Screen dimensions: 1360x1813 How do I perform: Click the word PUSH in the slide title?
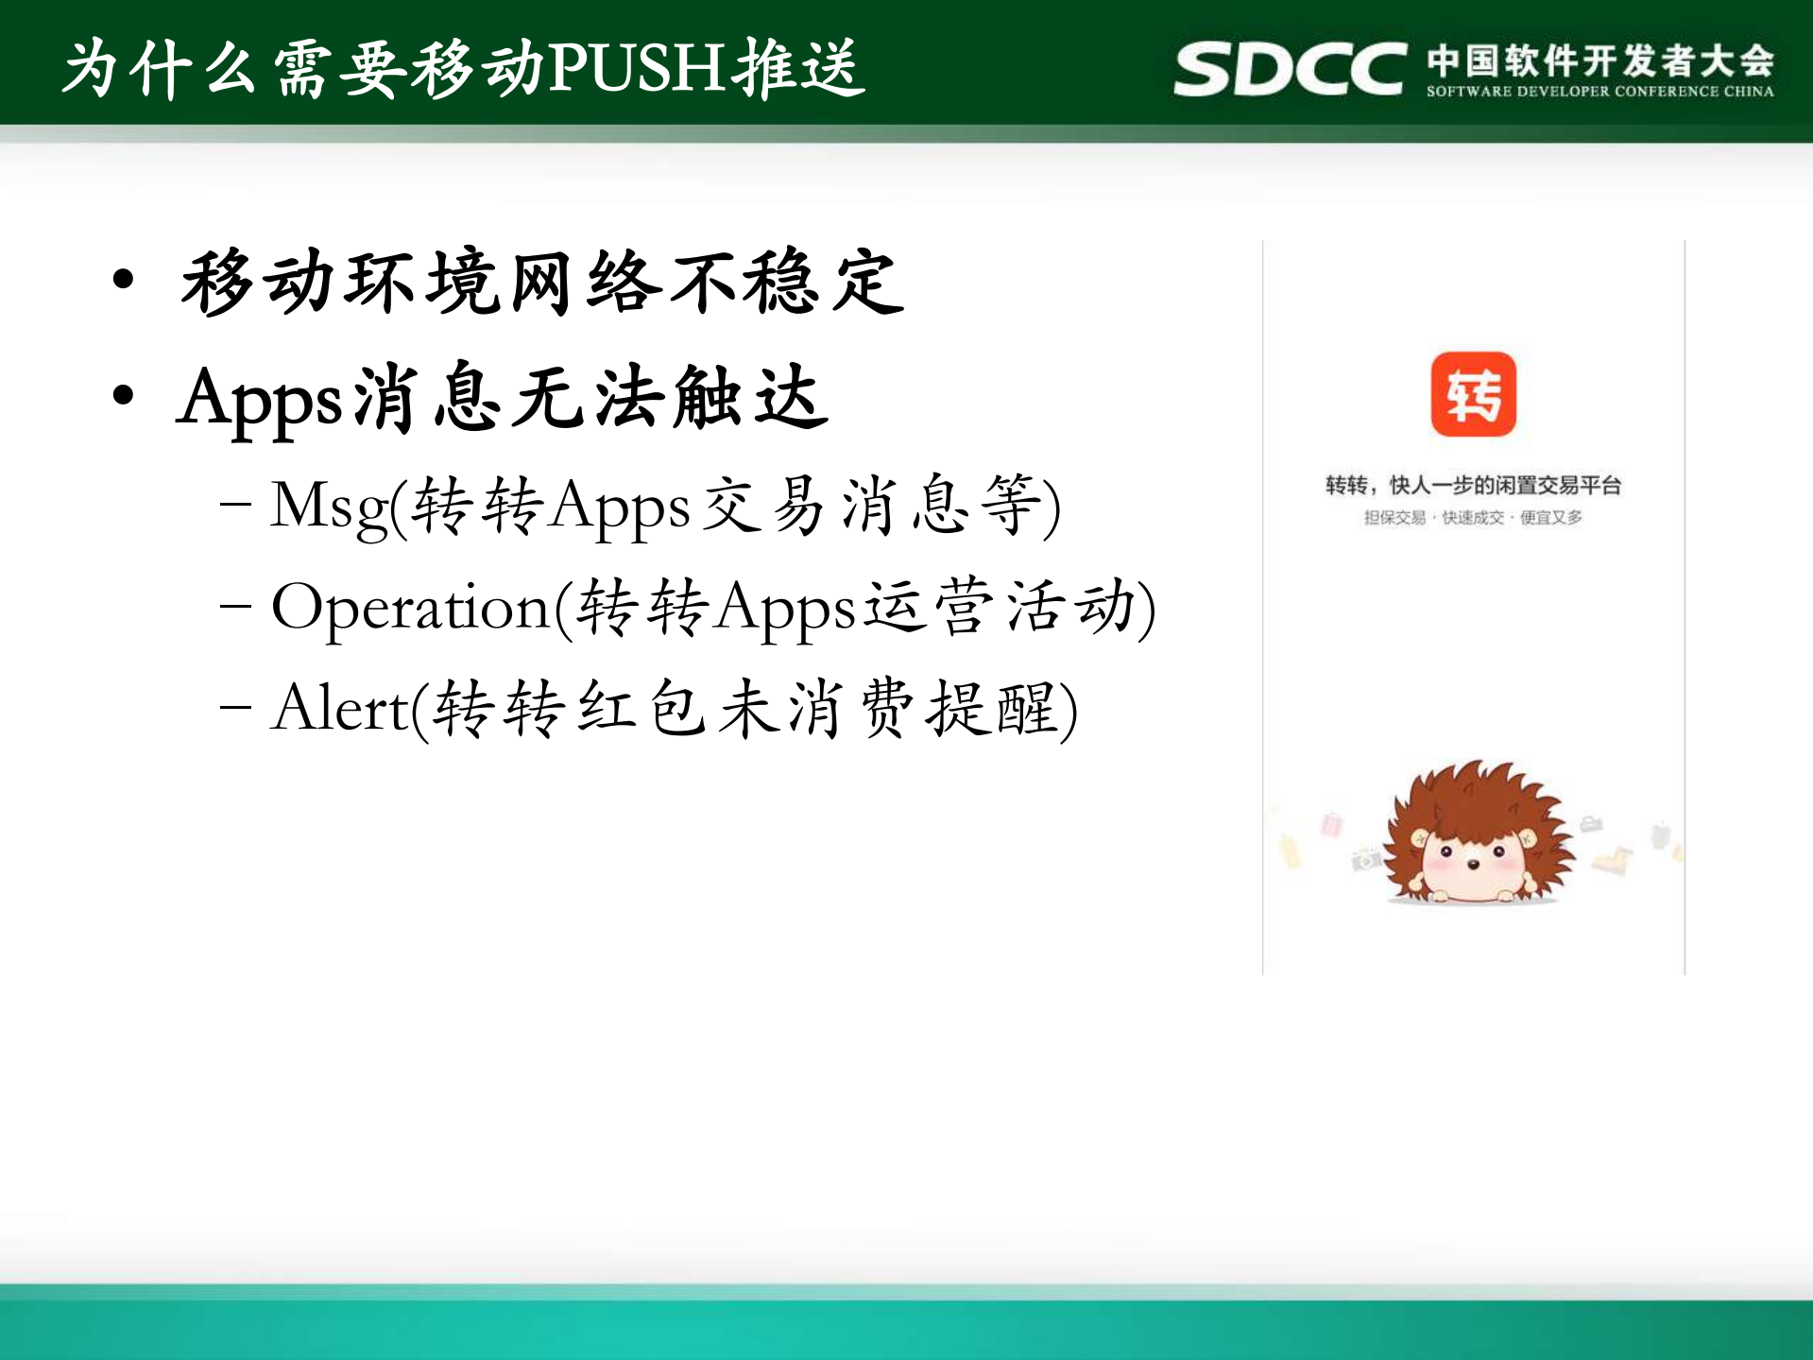coord(640,68)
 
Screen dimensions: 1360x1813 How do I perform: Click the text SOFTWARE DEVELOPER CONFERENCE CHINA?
coord(1599,92)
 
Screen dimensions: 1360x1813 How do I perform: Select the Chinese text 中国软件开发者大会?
coord(1599,60)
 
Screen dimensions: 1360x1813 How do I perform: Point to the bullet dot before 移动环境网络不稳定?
coord(123,280)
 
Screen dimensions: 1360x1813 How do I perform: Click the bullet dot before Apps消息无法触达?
coord(123,395)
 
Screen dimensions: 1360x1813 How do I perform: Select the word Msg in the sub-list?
coord(329,507)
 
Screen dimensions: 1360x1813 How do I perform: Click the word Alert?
coord(340,709)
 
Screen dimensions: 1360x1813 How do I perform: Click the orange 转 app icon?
coord(1473,394)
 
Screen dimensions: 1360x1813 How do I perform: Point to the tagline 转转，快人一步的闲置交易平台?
coord(1473,485)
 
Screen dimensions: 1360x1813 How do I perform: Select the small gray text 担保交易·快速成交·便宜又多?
coord(1473,517)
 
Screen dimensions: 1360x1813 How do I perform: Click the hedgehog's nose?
coord(1472,864)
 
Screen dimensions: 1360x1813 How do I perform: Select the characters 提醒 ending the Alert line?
coord(992,709)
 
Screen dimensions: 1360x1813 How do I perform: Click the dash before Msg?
coord(234,505)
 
